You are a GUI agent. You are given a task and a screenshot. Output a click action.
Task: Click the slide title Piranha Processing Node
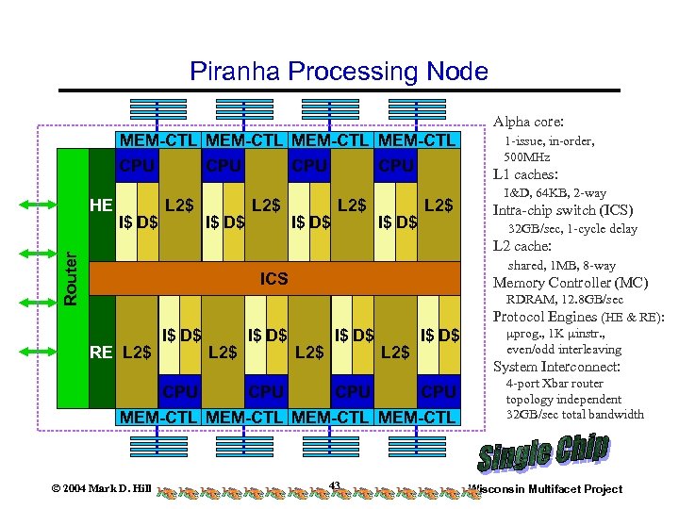[x=339, y=72]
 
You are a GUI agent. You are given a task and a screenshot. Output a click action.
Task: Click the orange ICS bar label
[x=274, y=279]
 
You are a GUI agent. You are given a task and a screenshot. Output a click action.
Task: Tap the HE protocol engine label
[x=101, y=205]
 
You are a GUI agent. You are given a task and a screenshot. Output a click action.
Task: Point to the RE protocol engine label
[x=101, y=353]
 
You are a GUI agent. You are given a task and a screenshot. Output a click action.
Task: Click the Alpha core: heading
[x=528, y=122]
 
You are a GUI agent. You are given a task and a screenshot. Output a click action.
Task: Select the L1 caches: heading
[x=526, y=174]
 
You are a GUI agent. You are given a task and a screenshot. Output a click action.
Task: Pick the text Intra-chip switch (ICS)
[x=563, y=210]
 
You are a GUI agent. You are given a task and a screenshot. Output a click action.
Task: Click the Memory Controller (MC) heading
[x=571, y=283]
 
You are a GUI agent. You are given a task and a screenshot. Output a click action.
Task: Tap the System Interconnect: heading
[x=556, y=367]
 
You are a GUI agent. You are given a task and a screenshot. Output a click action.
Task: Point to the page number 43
[x=335, y=485]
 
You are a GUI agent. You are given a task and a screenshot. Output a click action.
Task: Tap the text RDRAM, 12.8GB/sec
[x=565, y=300]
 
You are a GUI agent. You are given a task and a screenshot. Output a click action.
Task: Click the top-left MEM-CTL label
[x=157, y=140]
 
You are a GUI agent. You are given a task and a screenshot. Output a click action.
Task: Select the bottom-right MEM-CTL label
[x=416, y=417]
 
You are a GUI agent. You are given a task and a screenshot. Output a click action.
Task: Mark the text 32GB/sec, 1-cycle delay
[x=572, y=228]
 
